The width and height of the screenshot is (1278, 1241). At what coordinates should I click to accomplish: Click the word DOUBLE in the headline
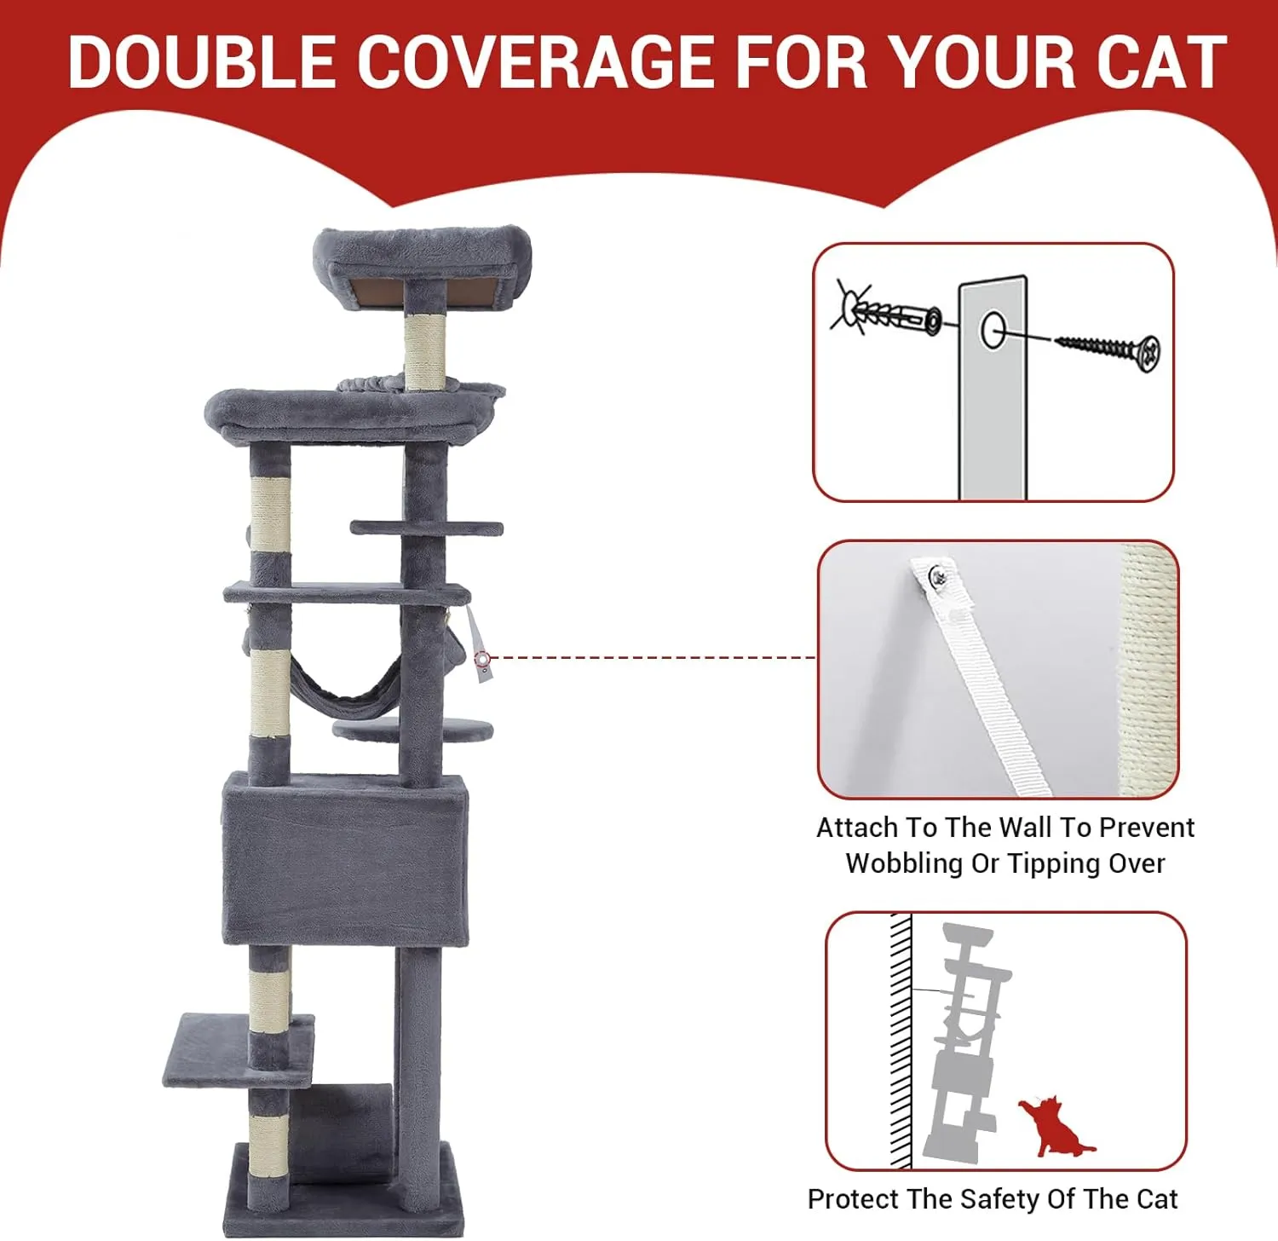tap(202, 61)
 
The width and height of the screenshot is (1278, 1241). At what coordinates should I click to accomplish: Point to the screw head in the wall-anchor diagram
tap(1148, 352)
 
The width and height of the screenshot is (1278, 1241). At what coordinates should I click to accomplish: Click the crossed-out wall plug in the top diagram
tap(886, 313)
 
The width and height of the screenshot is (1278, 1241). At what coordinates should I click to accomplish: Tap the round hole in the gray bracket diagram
tap(992, 330)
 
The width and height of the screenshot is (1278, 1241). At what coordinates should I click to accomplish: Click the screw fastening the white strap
tap(938, 577)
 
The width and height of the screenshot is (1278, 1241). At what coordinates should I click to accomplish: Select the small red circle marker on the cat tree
tap(482, 659)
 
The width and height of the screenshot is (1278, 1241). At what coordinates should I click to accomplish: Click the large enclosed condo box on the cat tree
tap(345, 859)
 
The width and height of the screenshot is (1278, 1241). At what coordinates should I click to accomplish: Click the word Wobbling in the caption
tap(904, 863)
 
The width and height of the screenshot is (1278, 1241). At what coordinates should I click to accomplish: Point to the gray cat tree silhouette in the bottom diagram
tap(967, 1042)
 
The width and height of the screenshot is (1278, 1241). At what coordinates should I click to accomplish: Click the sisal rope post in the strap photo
tap(1147, 669)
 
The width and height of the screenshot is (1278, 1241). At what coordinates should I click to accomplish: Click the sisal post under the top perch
tap(424, 351)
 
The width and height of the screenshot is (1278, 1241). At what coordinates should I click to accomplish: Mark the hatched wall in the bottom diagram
tap(901, 1041)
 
